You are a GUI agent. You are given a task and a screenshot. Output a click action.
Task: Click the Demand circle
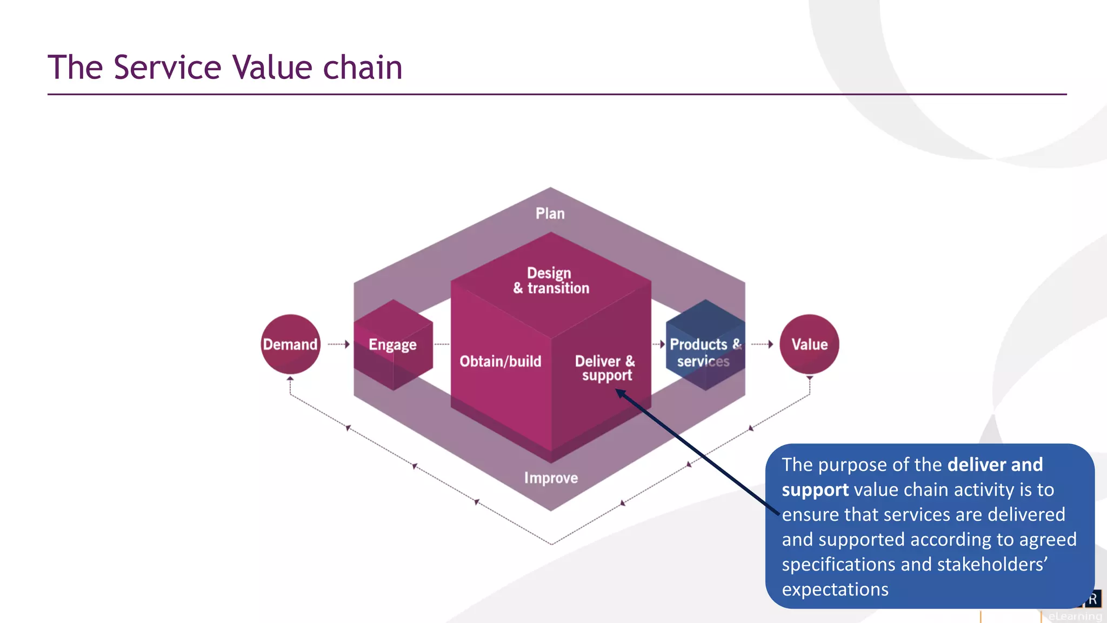pyautogui.click(x=290, y=344)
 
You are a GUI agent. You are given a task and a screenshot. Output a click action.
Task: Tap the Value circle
pyautogui.click(x=809, y=344)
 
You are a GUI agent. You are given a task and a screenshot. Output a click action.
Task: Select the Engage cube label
pyautogui.click(x=392, y=344)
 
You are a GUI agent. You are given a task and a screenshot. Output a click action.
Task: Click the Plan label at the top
pyautogui.click(x=550, y=214)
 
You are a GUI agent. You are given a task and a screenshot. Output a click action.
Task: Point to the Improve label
pyautogui.click(x=551, y=478)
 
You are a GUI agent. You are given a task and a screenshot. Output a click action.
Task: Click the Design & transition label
pyautogui.click(x=551, y=280)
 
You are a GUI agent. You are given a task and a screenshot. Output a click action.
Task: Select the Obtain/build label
pyautogui.click(x=500, y=361)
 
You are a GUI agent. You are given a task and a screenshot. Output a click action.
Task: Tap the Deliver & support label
pyautogui.click(x=605, y=368)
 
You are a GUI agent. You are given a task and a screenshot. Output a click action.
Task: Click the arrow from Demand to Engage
pyautogui.click(x=339, y=344)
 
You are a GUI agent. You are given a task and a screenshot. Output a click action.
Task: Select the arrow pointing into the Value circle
pyautogui.click(x=763, y=344)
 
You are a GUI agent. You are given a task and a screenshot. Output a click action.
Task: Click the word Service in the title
pyautogui.click(x=168, y=68)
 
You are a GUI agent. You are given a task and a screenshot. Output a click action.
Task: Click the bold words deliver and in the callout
pyautogui.click(x=995, y=465)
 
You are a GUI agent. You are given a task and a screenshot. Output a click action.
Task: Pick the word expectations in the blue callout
pyautogui.click(x=835, y=589)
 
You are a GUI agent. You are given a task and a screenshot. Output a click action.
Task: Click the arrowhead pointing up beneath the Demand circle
pyautogui.click(x=290, y=379)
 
